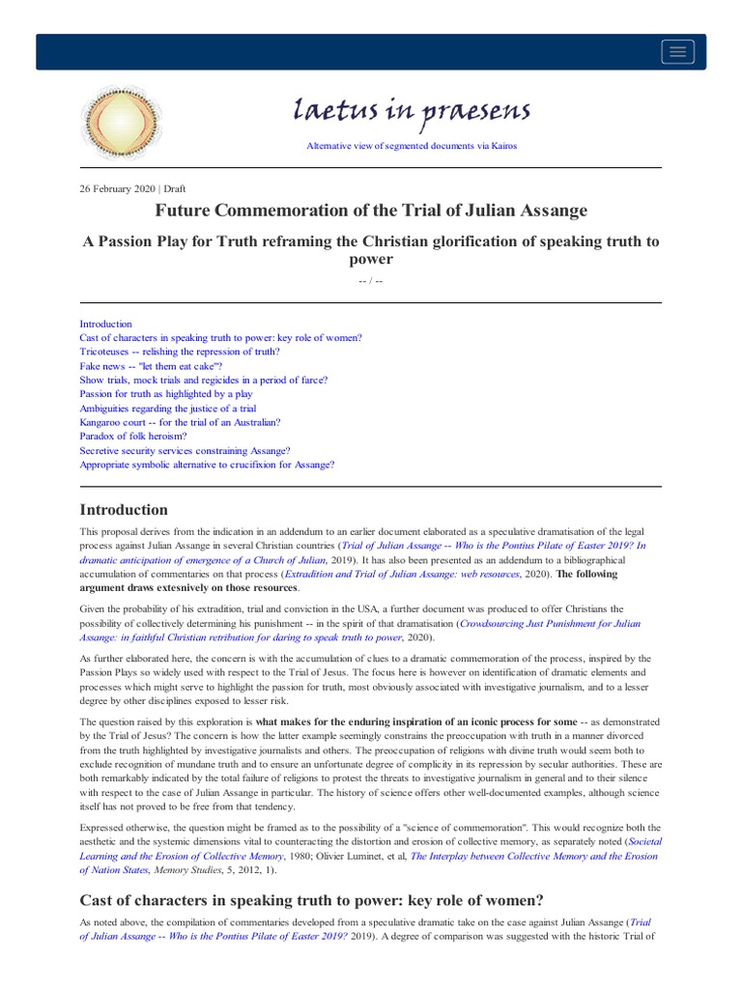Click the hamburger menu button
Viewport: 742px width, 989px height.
click(677, 52)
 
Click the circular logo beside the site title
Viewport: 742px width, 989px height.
click(121, 123)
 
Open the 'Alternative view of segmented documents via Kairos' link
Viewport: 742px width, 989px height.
click(412, 146)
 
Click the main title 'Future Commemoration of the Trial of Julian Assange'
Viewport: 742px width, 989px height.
click(371, 210)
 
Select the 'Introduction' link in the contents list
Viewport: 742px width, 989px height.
click(105, 324)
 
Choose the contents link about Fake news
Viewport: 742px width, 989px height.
click(151, 366)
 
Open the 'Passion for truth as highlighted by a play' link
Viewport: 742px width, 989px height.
click(166, 394)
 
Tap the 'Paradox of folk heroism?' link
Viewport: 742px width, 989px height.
click(133, 436)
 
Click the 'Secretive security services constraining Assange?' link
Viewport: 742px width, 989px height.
click(185, 450)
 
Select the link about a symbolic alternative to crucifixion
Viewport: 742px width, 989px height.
click(207, 465)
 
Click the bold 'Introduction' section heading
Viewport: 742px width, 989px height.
click(124, 509)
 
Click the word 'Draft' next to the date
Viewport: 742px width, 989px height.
click(175, 188)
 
